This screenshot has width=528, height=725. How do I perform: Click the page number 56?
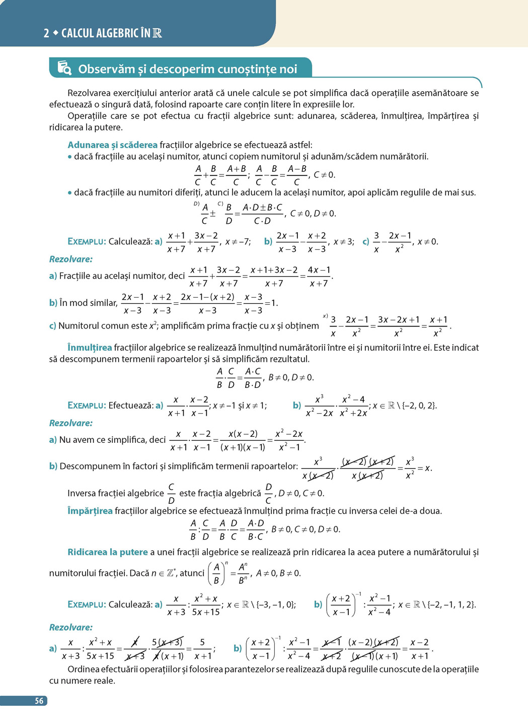[x=39, y=701]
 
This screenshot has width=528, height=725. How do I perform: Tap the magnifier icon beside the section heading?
[x=64, y=68]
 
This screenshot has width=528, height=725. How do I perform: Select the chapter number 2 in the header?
[x=46, y=33]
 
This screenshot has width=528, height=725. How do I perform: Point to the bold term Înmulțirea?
[x=90, y=348]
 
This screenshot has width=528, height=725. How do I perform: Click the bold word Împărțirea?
[x=90, y=511]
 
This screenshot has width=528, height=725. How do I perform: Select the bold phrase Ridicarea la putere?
[x=108, y=552]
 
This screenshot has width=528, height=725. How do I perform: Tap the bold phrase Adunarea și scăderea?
[x=112, y=145]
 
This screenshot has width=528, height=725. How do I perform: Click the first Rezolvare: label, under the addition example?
[x=71, y=259]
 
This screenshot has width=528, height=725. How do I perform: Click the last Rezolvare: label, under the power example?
[x=71, y=627]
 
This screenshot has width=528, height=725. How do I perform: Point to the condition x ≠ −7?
[x=238, y=242]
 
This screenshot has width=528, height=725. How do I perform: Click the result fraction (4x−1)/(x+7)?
[x=319, y=277]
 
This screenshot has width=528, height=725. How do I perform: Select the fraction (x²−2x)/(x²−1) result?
[x=289, y=440]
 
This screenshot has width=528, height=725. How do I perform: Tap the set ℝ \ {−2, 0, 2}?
[x=412, y=406]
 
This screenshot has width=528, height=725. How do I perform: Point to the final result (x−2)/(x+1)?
[x=419, y=649]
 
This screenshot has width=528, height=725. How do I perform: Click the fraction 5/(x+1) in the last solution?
[x=202, y=649]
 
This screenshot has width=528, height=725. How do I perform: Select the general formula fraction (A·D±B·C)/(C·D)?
[x=262, y=214]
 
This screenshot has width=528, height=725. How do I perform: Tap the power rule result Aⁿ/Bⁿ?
[x=243, y=573]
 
